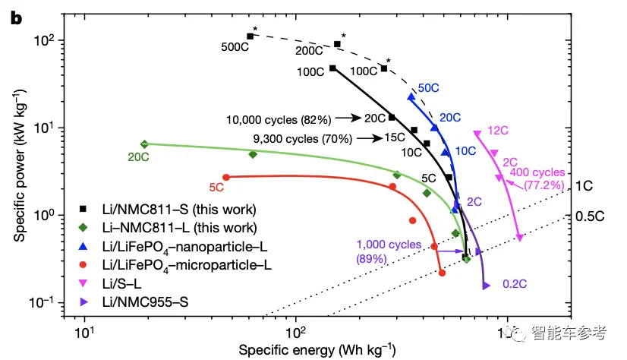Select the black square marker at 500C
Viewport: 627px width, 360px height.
point(250,36)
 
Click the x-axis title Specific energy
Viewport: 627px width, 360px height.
point(317,350)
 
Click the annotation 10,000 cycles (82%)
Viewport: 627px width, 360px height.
point(279,119)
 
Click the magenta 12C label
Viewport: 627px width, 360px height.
point(499,131)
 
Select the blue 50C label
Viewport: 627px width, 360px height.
point(428,88)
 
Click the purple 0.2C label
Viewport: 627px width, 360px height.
point(513,285)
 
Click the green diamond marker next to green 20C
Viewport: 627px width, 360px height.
point(144,144)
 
